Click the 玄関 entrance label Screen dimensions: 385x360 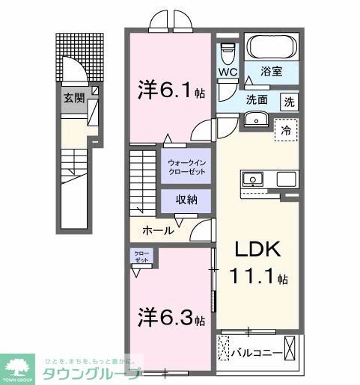click(x=73, y=97)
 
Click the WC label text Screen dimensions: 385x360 click(x=228, y=73)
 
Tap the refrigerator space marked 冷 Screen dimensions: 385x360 click(x=286, y=129)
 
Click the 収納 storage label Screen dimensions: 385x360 click(x=186, y=200)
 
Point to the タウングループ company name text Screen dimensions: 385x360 click(x=91, y=372)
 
